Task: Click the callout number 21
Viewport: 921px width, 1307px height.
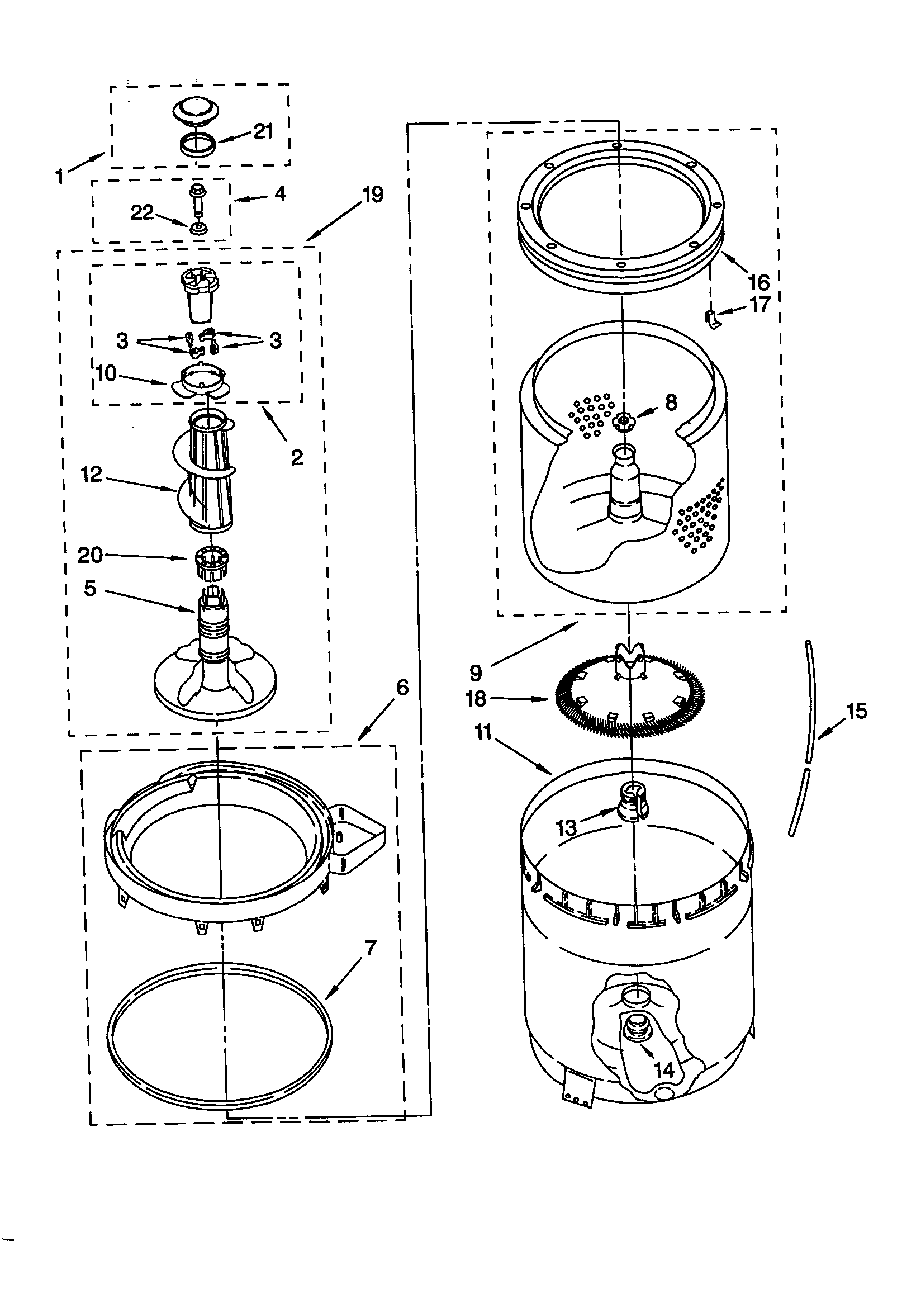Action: pyautogui.click(x=263, y=131)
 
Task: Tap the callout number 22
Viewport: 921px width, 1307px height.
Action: pyautogui.click(x=142, y=212)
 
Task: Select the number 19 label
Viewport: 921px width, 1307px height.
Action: pyautogui.click(x=373, y=195)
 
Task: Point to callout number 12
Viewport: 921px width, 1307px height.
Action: pyautogui.click(x=91, y=473)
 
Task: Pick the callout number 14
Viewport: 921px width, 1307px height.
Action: pyautogui.click(x=664, y=1069)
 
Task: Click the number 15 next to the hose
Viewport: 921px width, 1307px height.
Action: pyautogui.click(x=856, y=711)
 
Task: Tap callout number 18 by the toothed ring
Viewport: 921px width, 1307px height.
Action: pyautogui.click(x=476, y=698)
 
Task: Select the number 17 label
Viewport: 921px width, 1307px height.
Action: pyautogui.click(x=759, y=305)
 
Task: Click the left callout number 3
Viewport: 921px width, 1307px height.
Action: pyautogui.click(x=122, y=341)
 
